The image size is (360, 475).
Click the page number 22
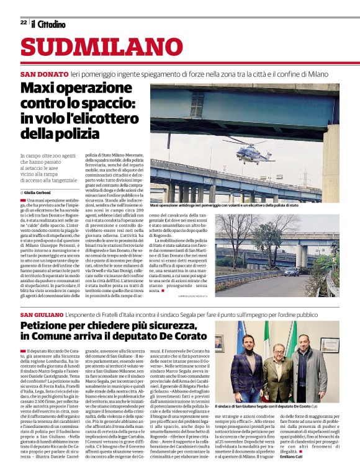click(x=23, y=23)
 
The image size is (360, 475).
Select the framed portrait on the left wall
click(x=219, y=343)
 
